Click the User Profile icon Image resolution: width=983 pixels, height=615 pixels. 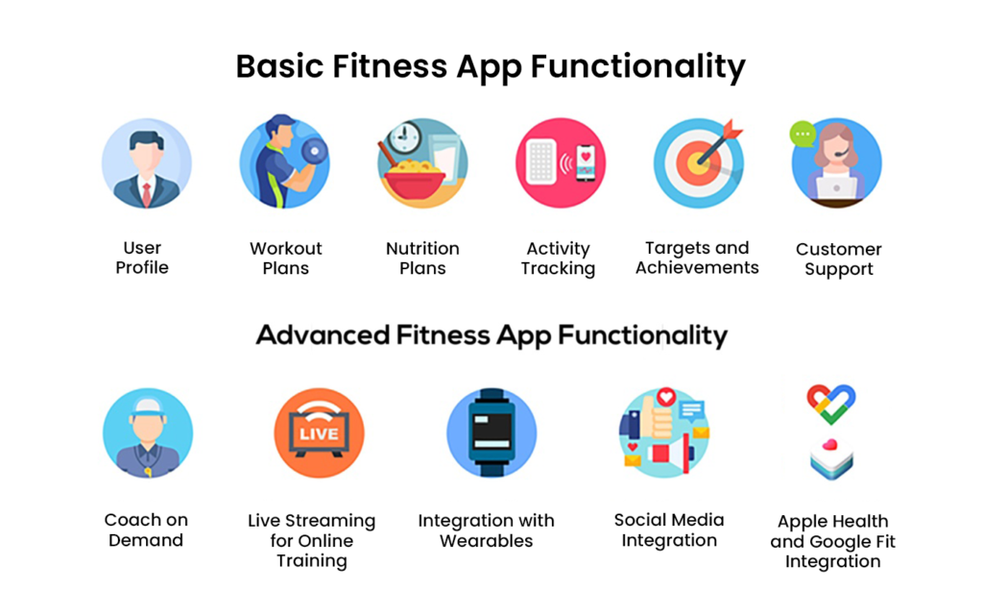[147, 163]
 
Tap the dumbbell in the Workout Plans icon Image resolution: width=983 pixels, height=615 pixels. [314, 151]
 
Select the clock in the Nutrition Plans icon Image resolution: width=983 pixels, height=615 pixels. [404, 135]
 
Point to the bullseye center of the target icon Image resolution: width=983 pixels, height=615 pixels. [697, 164]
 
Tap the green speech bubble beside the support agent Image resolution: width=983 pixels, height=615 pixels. [803, 134]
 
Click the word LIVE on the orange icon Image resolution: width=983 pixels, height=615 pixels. [319, 433]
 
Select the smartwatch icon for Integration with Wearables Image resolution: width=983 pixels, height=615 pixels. [491, 433]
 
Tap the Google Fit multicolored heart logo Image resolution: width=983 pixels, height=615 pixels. [830, 404]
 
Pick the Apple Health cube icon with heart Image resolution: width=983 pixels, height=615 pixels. [831, 459]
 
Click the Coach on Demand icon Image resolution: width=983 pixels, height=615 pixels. [148, 433]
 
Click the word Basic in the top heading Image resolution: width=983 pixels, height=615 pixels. [279, 66]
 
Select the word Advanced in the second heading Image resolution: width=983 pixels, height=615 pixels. [323, 335]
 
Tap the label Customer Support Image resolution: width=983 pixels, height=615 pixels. [839, 258]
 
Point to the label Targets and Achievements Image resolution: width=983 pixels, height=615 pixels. [697, 258]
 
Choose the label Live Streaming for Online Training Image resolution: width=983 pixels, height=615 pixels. [312, 540]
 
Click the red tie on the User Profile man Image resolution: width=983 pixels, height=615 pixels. [146, 194]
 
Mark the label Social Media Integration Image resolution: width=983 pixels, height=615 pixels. [669, 529]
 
